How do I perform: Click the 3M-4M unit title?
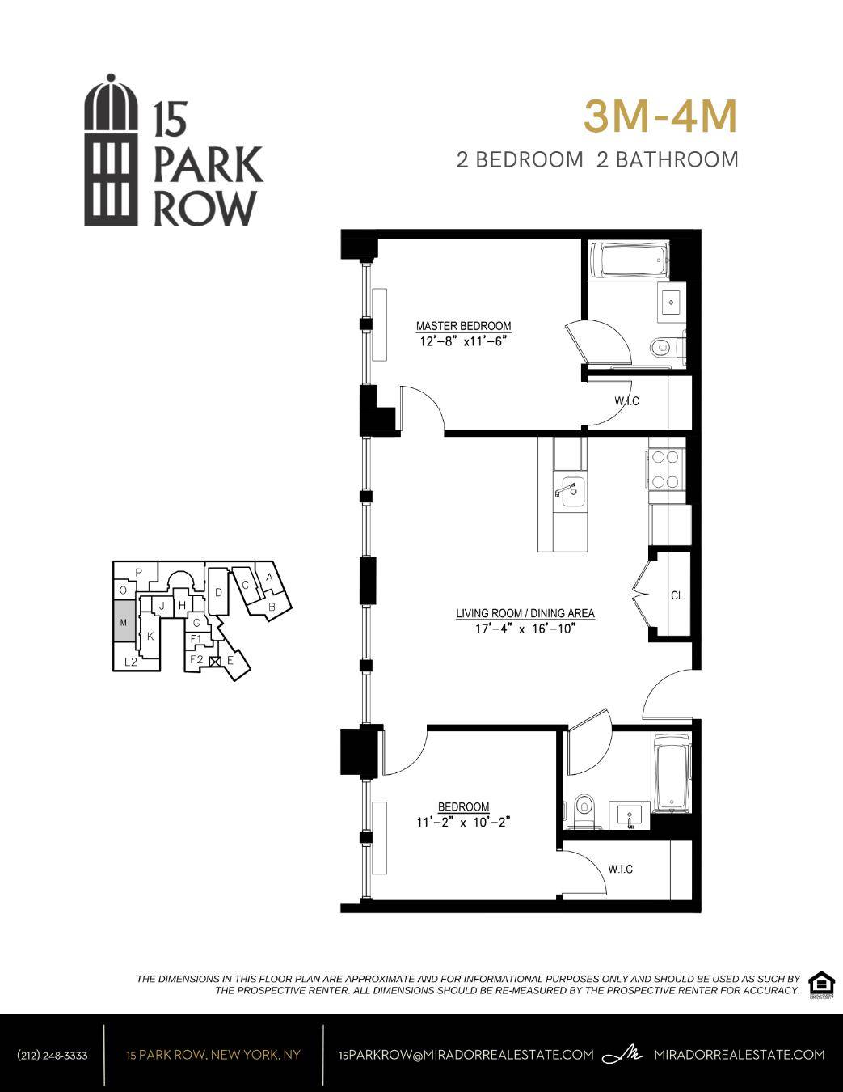coord(660,117)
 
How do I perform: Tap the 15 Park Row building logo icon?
coord(112,150)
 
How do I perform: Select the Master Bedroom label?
coord(463,326)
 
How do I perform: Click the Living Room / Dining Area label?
coord(525,613)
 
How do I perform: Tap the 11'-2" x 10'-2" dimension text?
coord(464,822)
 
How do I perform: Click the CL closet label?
coord(677,595)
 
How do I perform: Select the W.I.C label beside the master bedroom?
coord(626,401)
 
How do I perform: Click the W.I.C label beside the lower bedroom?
coord(620,869)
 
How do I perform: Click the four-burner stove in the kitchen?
coord(666,469)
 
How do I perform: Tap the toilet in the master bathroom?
coord(661,348)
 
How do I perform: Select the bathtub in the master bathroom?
coord(630,260)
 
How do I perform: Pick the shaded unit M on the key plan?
coord(124,622)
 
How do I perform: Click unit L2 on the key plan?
coord(131,662)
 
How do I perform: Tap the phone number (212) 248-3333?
coord(53,1055)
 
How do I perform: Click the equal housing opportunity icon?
coord(821,984)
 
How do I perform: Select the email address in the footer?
coord(467,1055)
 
